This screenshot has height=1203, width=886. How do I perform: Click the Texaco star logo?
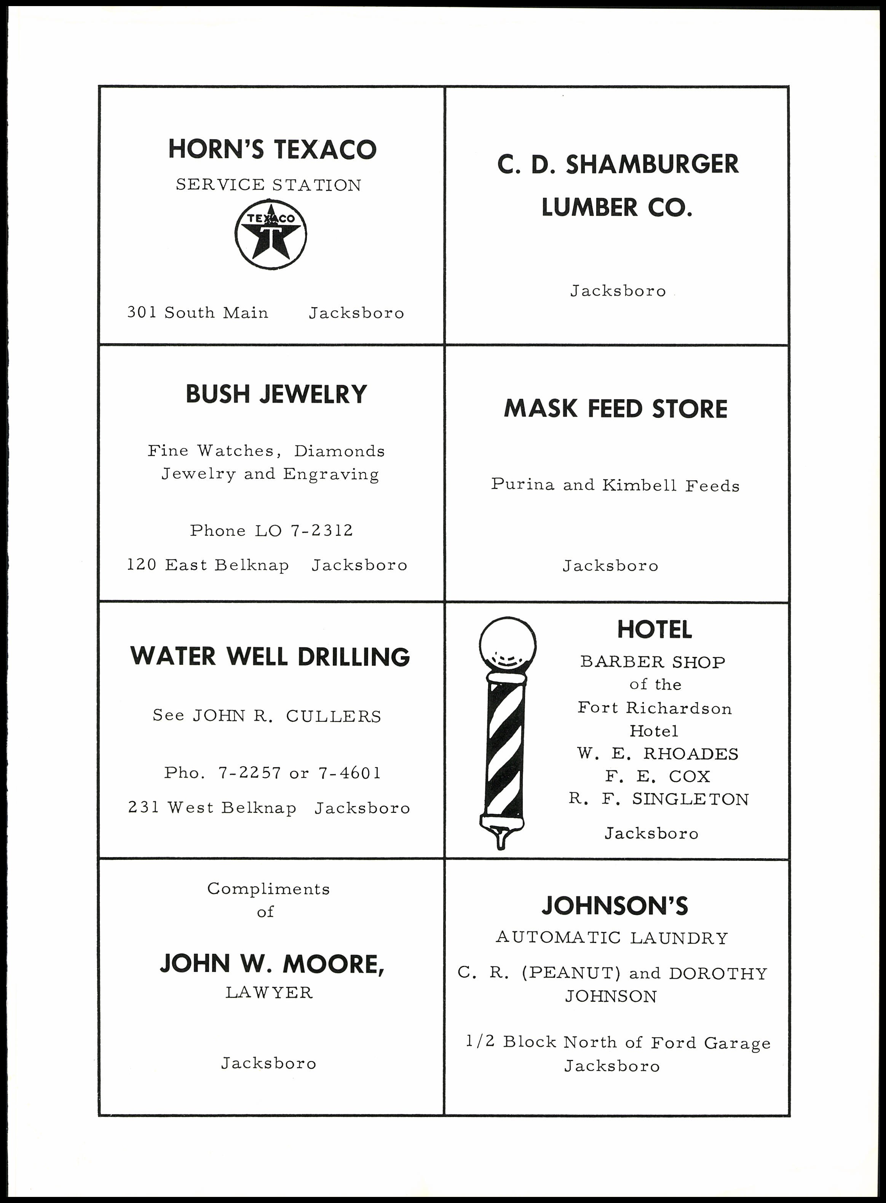271,234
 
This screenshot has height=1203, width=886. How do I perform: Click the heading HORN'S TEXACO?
273,149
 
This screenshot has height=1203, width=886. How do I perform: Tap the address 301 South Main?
197,312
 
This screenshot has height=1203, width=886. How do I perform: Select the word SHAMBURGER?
651,164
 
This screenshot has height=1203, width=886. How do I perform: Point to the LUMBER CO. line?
617,207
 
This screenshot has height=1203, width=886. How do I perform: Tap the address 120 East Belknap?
208,565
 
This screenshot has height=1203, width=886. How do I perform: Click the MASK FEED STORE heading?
616,409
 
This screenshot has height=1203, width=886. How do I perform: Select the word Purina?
522,484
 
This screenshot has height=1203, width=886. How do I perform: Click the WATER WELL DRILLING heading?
270,657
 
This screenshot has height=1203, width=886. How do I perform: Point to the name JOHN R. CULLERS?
287,716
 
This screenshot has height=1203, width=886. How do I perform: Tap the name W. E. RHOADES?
658,754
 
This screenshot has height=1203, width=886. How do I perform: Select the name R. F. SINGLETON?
659,799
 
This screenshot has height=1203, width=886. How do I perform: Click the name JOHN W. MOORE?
271,964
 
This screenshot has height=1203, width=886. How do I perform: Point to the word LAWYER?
269,993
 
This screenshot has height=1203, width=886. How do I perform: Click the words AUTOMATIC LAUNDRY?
612,938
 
